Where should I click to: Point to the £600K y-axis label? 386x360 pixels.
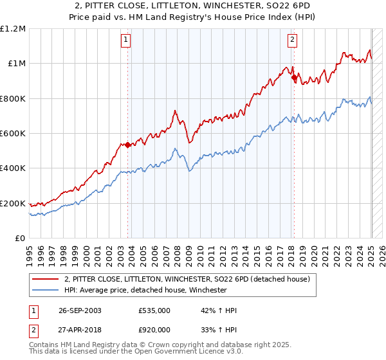coord(13,134)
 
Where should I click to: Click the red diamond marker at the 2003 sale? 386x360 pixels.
coord(127,145)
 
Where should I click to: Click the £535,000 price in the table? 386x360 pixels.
coord(154,310)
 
